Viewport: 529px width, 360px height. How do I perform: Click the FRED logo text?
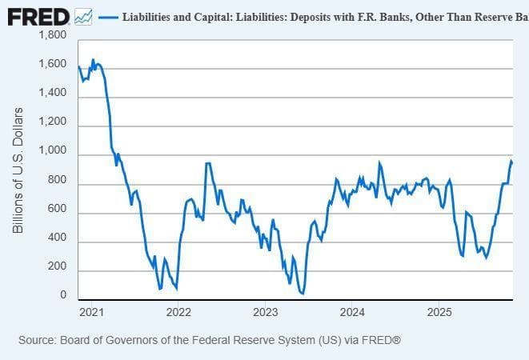coord(37,16)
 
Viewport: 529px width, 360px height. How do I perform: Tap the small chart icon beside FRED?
coord(83,16)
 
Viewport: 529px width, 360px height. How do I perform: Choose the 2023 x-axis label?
coord(264,310)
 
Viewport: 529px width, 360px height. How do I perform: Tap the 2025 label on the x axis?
coord(439,310)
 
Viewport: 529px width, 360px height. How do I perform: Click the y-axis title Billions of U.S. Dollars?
coord(18,170)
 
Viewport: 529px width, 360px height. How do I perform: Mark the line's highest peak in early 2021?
coord(93,60)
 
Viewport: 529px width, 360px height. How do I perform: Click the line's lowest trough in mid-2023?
coord(303,294)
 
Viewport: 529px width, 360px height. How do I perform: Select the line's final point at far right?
coord(512,163)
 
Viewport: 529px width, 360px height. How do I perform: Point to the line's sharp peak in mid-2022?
coord(208,164)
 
